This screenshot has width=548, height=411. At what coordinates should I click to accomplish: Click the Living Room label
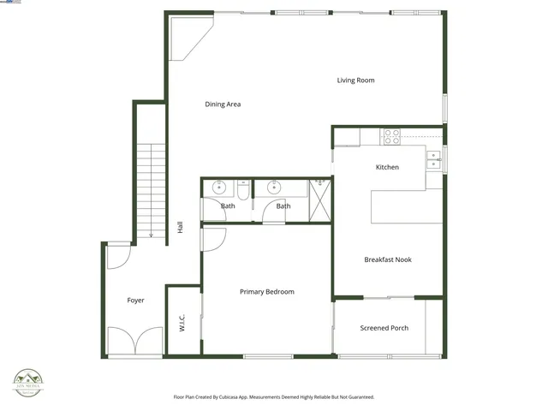[x=355, y=80]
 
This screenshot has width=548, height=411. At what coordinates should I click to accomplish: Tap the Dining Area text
[x=223, y=104]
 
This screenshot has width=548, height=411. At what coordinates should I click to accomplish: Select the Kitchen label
[x=387, y=167]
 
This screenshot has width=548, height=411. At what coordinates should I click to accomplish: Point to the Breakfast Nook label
[x=388, y=259]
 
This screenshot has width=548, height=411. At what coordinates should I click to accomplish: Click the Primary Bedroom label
[x=266, y=292]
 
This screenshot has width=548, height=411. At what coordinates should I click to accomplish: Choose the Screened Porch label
[x=384, y=328]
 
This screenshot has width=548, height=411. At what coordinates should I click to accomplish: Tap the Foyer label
[x=135, y=301]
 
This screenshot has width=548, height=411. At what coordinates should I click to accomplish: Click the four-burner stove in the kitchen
[x=391, y=134]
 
